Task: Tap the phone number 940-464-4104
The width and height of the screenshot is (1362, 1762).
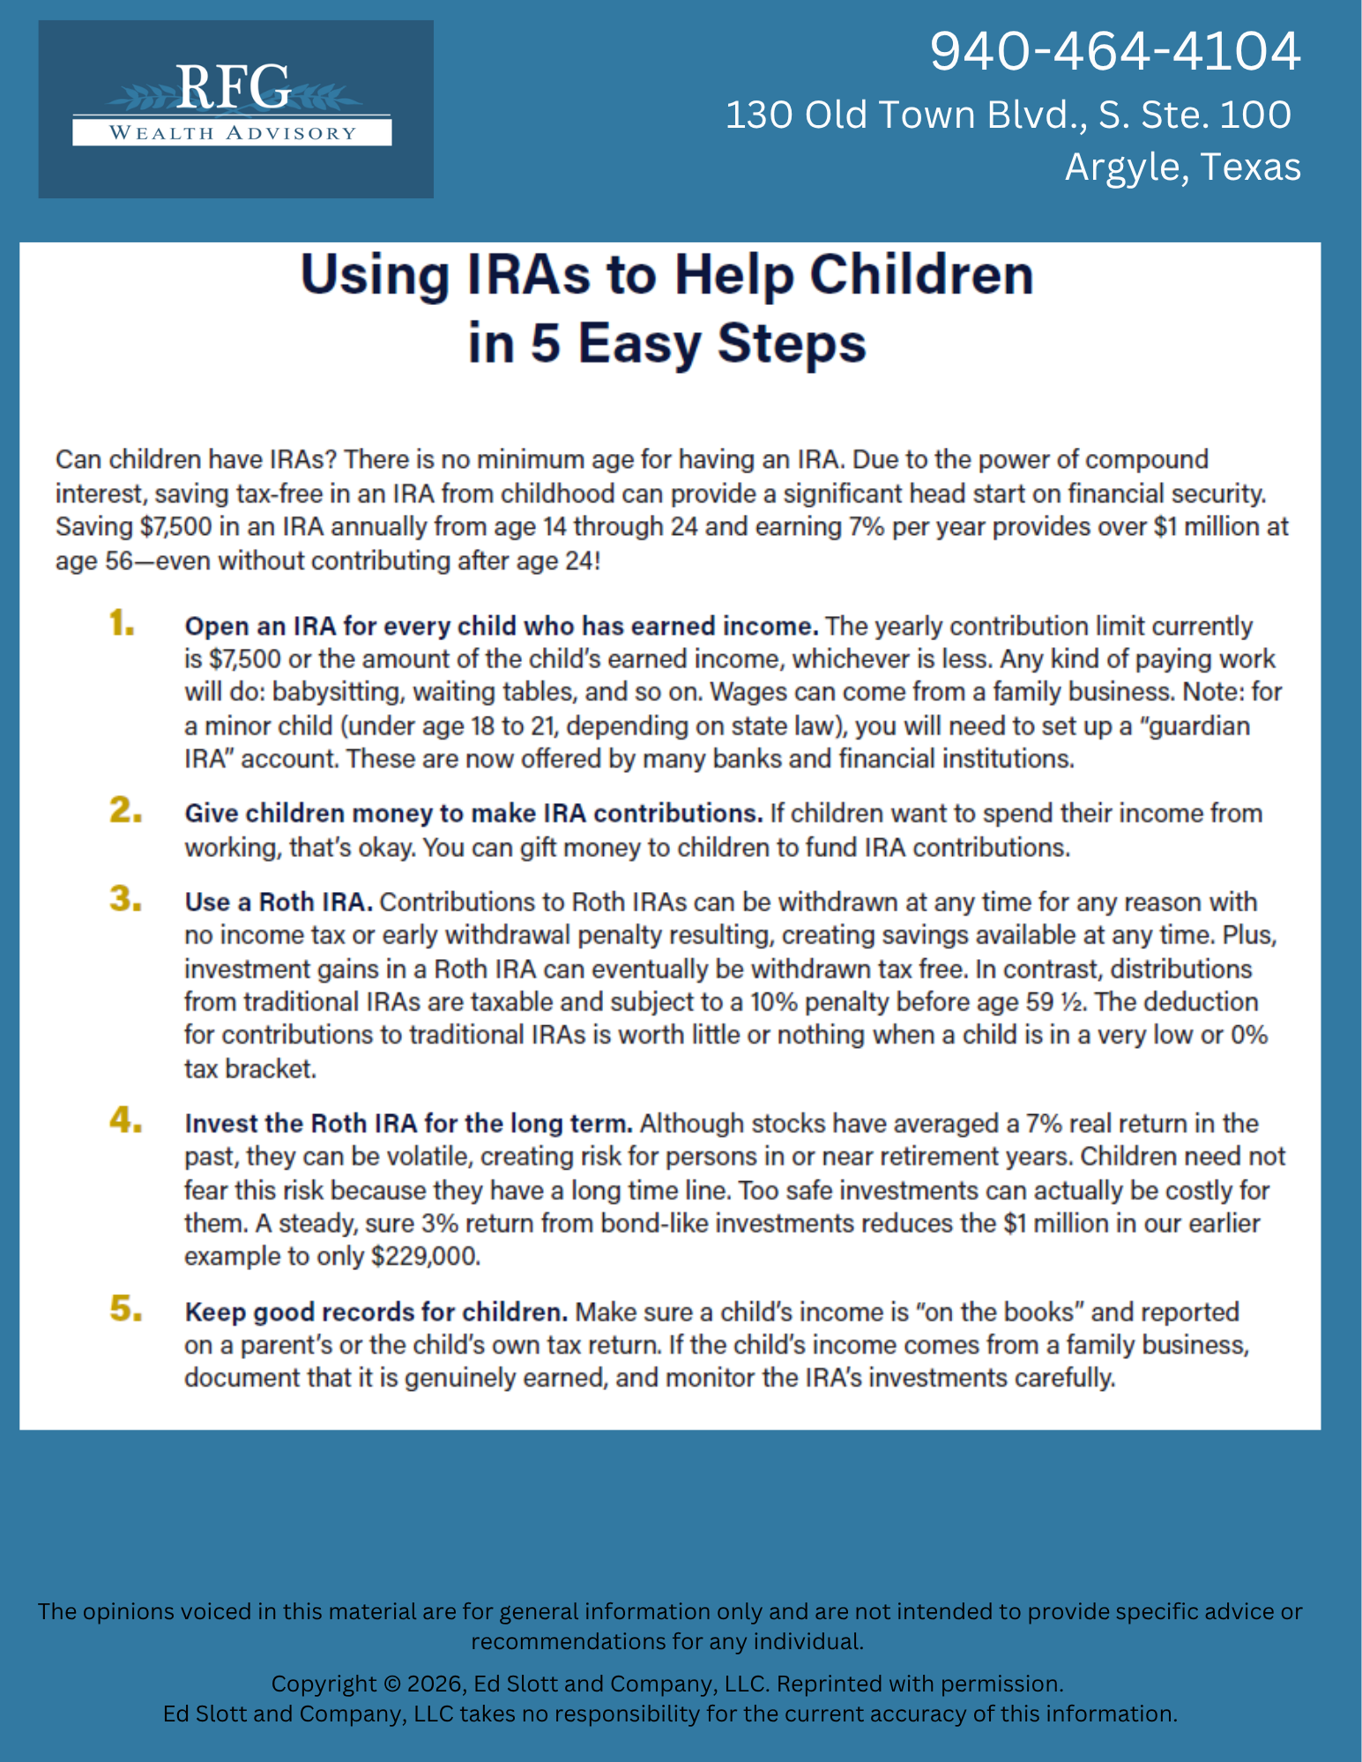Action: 1114,51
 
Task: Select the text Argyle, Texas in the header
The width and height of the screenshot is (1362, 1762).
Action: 1182,167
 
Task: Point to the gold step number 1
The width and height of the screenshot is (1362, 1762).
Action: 122,624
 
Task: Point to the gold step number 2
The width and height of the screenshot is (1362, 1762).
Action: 125,810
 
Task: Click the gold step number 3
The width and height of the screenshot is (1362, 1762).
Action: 125,900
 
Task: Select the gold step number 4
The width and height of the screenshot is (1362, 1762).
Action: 125,1121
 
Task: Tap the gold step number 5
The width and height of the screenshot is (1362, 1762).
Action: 125,1310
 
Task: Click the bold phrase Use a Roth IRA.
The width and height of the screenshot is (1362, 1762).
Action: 278,903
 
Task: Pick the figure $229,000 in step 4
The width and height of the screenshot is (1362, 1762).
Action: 426,1257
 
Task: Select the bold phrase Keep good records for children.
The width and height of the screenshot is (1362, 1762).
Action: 376,1312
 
